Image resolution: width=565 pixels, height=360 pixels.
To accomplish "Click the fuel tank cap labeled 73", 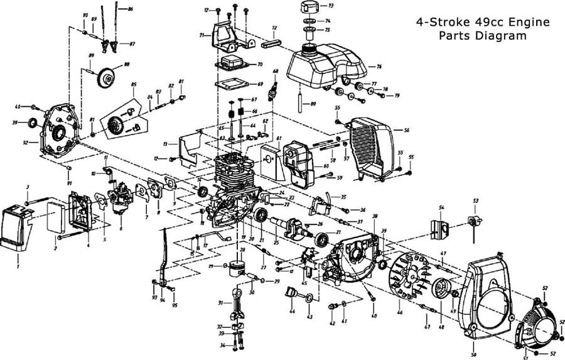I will (x=309, y=8).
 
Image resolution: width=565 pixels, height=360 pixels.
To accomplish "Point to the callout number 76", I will (x=379, y=66).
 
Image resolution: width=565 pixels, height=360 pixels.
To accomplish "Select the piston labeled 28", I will (x=236, y=269).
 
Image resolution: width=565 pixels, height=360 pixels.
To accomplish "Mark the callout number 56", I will (x=406, y=130).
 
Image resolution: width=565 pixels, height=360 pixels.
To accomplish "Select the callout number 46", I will (x=399, y=312).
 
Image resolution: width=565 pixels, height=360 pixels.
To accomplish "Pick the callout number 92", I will (x=26, y=143).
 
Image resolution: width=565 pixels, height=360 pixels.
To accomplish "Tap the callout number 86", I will (x=130, y=10).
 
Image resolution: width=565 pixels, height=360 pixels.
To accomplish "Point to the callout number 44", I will (x=292, y=312).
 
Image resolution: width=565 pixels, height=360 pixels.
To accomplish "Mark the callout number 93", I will (x=154, y=297).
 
